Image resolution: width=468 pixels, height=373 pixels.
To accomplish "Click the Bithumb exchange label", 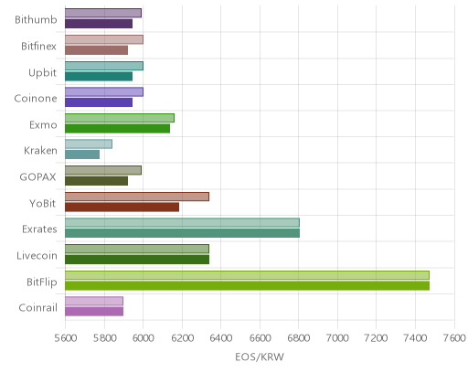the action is pyautogui.click(x=36, y=20).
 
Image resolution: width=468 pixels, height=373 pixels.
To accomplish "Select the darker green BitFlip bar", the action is pyautogui.click(x=247, y=286).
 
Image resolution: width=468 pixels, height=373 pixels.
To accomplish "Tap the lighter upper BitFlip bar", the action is pyautogui.click(x=247, y=275).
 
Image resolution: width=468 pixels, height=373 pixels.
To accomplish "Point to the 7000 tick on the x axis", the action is pyautogui.click(x=337, y=338).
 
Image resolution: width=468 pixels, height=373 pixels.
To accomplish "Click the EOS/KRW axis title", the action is pyautogui.click(x=260, y=357).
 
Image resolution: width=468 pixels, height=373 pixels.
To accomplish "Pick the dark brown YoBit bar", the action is pyautogui.click(x=122, y=208).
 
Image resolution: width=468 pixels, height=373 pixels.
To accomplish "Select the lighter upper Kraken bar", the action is pyautogui.click(x=89, y=144).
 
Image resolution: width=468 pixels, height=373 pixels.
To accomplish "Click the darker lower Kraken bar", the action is pyautogui.click(x=82, y=155).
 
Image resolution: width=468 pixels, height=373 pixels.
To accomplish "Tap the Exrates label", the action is pyautogui.click(x=39, y=229).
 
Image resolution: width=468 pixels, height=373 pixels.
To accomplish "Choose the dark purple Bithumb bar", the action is pyautogui.click(x=99, y=24).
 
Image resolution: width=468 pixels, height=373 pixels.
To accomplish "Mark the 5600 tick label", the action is pyautogui.click(x=66, y=338).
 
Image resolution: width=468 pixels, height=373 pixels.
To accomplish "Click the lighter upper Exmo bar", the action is pyautogui.click(x=120, y=118).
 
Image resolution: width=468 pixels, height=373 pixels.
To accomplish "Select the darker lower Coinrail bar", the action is pyautogui.click(x=94, y=312).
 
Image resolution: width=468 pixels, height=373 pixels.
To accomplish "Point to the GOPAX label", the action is pyautogui.click(x=37, y=177).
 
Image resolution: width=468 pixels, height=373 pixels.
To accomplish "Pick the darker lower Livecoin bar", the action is pyautogui.click(x=137, y=260).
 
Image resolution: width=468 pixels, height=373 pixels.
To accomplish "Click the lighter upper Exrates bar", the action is pyautogui.click(x=182, y=223).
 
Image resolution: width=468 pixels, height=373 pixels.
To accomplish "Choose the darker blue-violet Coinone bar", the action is pyautogui.click(x=99, y=102).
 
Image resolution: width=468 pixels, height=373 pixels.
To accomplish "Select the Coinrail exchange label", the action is pyautogui.click(x=37, y=308).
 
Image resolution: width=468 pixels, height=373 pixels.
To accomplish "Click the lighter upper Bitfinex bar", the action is pyautogui.click(x=104, y=39).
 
